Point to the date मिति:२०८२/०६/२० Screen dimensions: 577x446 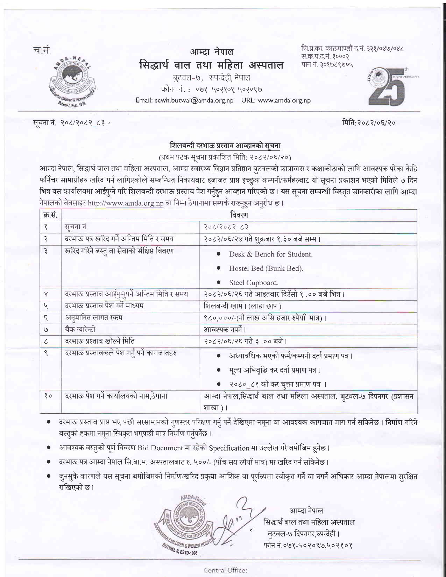click(369, 123)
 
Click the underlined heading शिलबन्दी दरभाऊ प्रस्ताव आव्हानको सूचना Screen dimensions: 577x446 click(225, 145)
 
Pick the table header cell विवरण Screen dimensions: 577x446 click(239, 215)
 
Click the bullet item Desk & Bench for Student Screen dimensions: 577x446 click(270, 254)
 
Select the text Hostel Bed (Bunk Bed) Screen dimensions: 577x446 click(266, 268)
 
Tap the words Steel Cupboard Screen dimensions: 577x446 click(253, 283)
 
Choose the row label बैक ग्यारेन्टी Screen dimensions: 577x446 click(80, 330)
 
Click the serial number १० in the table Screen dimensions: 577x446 click(48, 396)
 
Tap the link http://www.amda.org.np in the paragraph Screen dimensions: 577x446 click(126, 203)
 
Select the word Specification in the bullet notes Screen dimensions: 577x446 click(229, 448)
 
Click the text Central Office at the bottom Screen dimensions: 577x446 click(225, 570)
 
